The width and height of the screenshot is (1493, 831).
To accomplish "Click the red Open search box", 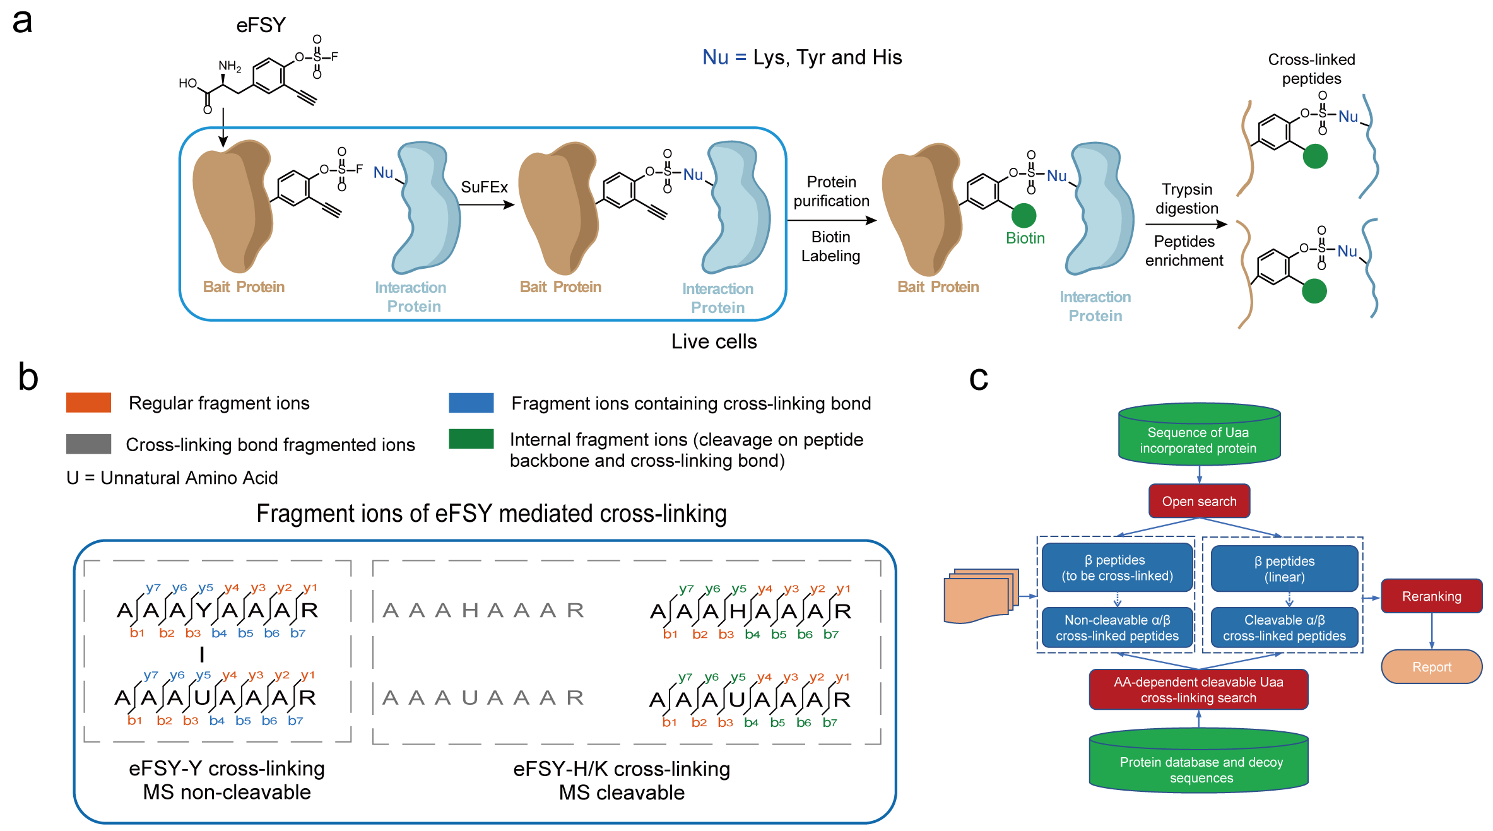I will [1199, 501].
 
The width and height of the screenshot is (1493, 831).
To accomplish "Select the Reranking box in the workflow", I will [1431, 596].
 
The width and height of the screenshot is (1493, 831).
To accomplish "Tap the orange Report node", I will [1431, 667].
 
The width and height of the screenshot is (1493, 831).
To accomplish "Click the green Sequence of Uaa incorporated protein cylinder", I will [1199, 435].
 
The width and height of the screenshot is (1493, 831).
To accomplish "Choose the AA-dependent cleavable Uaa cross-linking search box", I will [1198, 690].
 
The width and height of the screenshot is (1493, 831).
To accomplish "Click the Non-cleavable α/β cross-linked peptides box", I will [1117, 628].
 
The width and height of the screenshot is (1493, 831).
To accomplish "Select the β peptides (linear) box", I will [1284, 569].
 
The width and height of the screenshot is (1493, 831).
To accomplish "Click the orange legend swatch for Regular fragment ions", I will [88, 403].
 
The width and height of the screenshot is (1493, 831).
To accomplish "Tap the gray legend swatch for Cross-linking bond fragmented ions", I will [88, 444].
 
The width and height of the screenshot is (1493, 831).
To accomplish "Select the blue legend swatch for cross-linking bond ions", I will [471, 403].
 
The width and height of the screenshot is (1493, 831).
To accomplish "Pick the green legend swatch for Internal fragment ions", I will [471, 439].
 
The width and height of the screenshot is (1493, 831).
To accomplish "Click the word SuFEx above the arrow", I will [484, 187].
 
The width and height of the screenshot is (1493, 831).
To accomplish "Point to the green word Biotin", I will [1025, 239].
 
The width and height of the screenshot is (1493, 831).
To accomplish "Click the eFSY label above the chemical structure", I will [261, 25].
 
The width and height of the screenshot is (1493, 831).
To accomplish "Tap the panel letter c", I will [978, 378].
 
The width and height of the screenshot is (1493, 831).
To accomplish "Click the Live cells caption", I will [714, 341].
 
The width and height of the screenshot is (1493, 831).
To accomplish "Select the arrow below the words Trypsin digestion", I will [1186, 225].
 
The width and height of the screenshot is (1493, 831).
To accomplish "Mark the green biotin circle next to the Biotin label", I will [1024, 216].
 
